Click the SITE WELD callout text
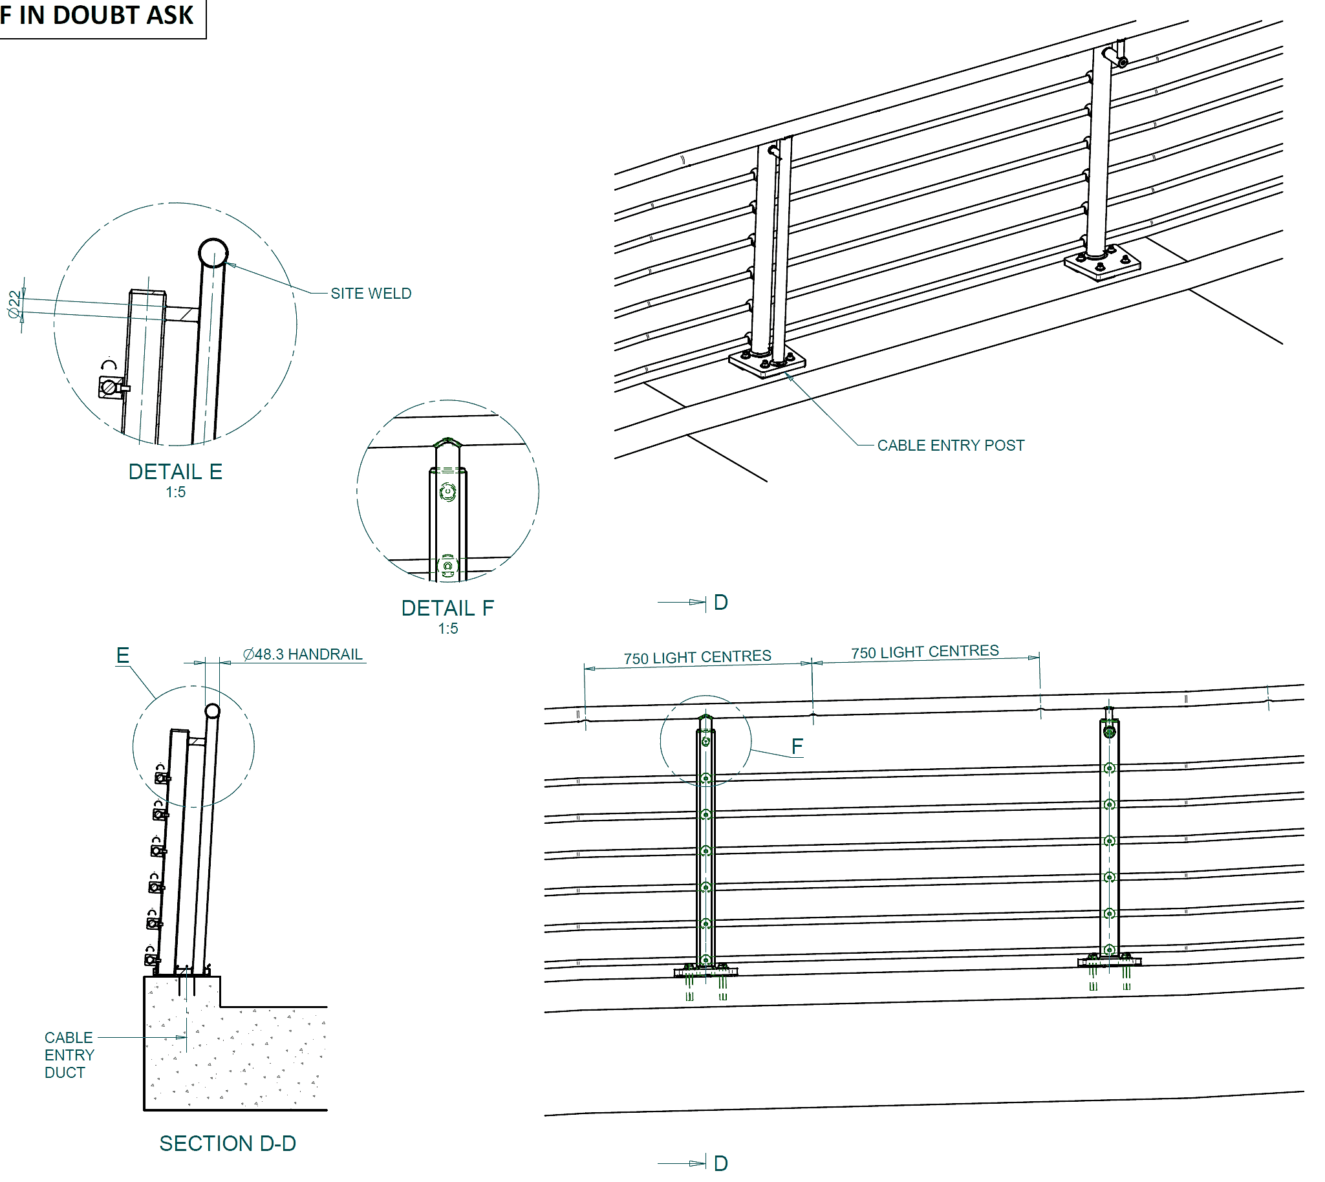[371, 294]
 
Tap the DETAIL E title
[175, 472]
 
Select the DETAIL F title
[447, 608]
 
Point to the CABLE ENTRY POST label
[950, 446]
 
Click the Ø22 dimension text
[14, 304]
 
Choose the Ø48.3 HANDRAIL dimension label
[303, 654]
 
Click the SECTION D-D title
[228, 1144]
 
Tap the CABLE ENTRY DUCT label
[69, 1055]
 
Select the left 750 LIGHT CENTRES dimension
[698, 658]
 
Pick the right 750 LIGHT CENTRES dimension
[925, 652]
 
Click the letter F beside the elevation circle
[797, 747]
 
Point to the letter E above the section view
[123, 655]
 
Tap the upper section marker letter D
[720, 603]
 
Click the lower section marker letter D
[720, 1163]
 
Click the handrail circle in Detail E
[213, 253]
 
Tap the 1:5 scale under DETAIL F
[447, 629]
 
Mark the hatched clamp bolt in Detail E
[110, 388]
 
